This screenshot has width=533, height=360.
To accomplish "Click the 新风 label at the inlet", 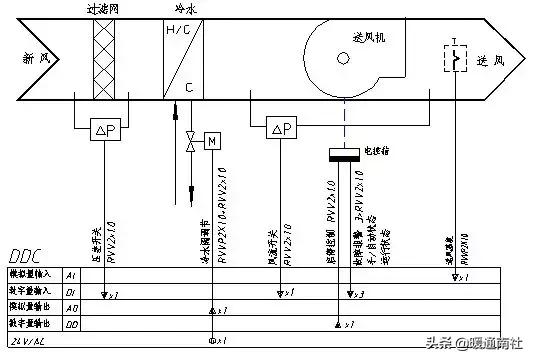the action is click(x=36, y=59).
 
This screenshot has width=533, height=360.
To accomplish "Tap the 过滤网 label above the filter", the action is click(x=104, y=8).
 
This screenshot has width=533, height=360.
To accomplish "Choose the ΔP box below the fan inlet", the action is click(x=282, y=128).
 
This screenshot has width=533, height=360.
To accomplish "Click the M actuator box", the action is click(x=211, y=141).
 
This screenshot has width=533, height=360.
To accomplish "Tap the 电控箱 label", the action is click(x=376, y=151).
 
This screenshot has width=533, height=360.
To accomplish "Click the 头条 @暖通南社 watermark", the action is click(x=472, y=343).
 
